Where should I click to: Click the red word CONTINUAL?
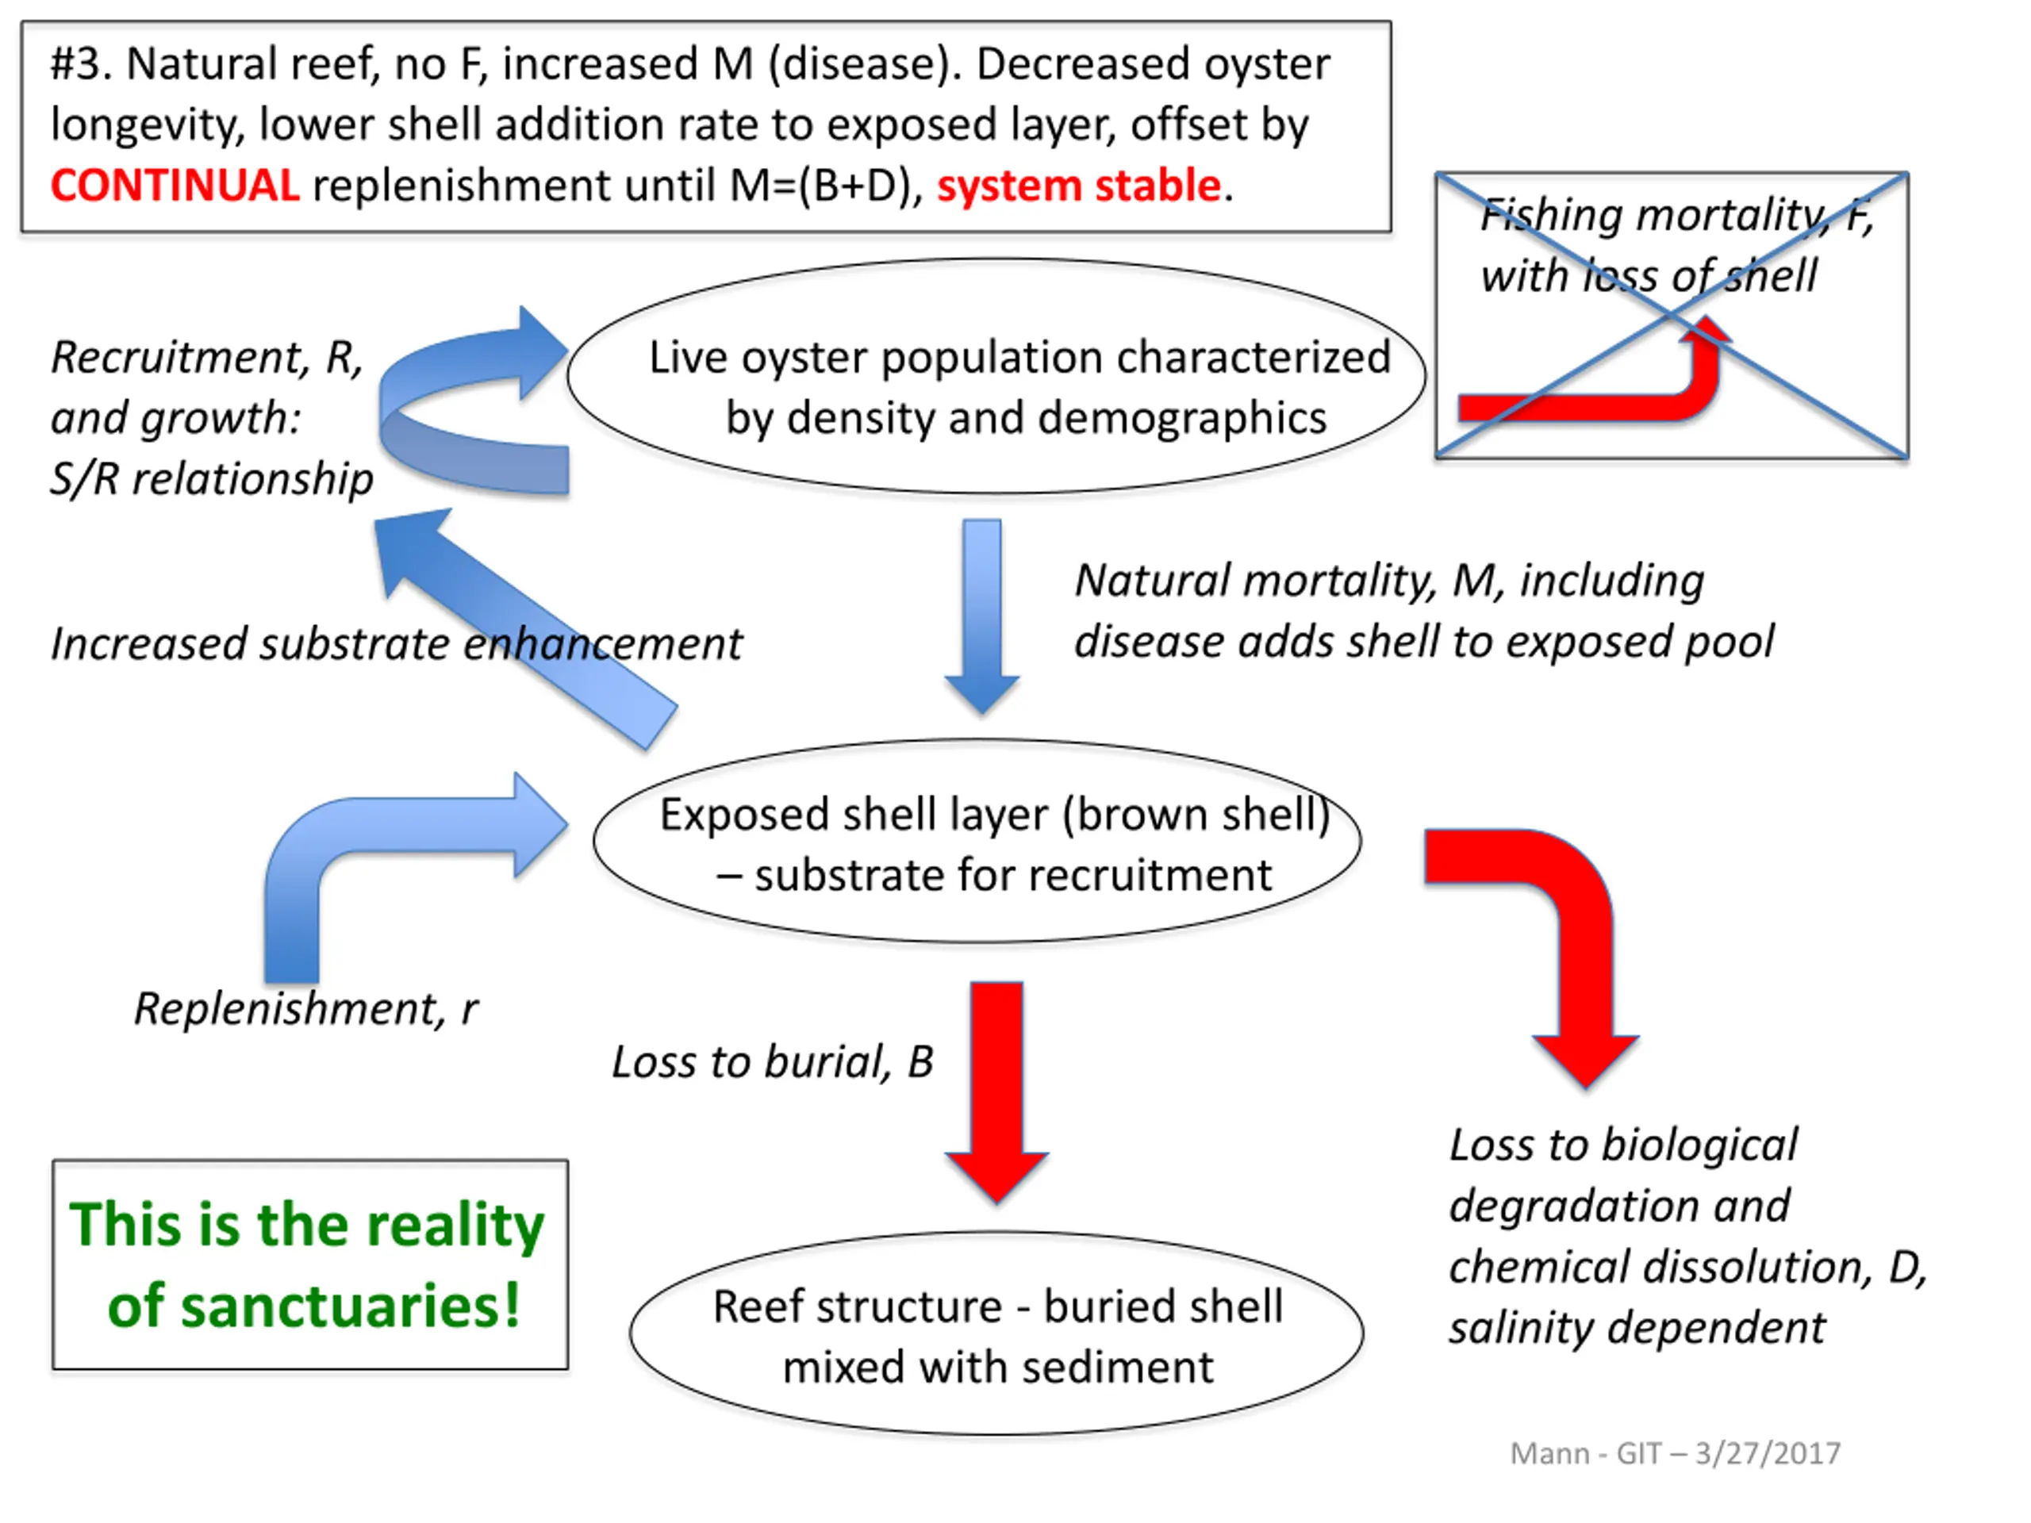(x=175, y=186)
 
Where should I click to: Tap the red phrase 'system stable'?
(x=1079, y=186)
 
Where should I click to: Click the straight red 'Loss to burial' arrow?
(x=997, y=1092)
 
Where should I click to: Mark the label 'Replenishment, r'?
(x=305, y=1009)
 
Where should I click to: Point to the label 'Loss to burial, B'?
(x=772, y=1062)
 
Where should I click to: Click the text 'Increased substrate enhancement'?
(x=396, y=643)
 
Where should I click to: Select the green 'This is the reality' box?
(x=310, y=1265)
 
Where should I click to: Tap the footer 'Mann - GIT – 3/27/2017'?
(x=1675, y=1453)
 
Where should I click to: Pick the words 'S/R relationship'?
(x=211, y=479)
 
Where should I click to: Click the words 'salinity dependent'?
(x=1637, y=1327)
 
